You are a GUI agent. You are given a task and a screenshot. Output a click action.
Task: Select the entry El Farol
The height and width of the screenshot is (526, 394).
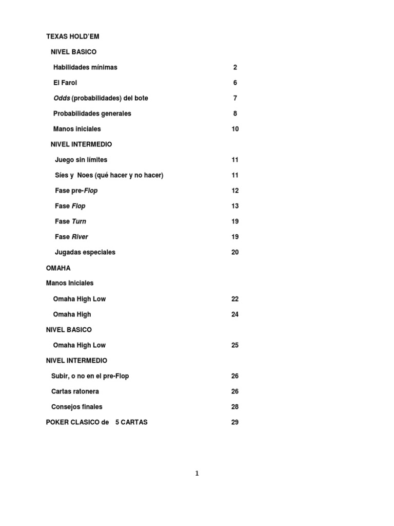[65, 83]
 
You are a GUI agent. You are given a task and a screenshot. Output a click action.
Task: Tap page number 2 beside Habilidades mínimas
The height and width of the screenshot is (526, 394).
[235, 67]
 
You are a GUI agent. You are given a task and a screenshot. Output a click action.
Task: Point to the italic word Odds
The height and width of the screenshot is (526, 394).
[62, 98]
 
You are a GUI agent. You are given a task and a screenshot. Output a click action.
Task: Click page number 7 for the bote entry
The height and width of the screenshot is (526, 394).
[235, 98]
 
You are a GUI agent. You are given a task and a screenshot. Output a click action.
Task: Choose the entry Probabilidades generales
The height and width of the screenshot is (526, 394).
[92, 114]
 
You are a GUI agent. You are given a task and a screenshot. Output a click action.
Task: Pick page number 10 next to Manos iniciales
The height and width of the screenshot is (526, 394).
[235, 129]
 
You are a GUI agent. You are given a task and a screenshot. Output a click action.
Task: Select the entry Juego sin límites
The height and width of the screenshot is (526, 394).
[81, 160]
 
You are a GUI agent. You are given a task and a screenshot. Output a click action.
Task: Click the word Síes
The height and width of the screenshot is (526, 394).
[62, 175]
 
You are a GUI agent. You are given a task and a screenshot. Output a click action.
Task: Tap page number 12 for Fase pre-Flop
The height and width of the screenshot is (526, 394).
[235, 191]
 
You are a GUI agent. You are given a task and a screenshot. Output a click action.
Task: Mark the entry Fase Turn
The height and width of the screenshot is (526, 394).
[71, 221]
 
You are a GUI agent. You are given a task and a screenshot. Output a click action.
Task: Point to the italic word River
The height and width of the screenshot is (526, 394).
[80, 237]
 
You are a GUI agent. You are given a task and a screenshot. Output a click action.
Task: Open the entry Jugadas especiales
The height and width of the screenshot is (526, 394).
[85, 252]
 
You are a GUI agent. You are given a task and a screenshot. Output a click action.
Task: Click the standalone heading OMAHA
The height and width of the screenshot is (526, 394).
[58, 268]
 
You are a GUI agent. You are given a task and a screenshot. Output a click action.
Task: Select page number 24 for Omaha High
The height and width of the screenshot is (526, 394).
[235, 314]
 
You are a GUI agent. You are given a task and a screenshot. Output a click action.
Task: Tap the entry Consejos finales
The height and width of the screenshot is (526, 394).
[77, 407]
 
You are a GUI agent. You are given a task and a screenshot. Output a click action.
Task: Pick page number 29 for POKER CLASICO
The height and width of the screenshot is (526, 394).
[235, 422]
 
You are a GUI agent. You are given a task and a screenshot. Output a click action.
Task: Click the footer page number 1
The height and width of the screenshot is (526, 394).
[197, 474]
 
